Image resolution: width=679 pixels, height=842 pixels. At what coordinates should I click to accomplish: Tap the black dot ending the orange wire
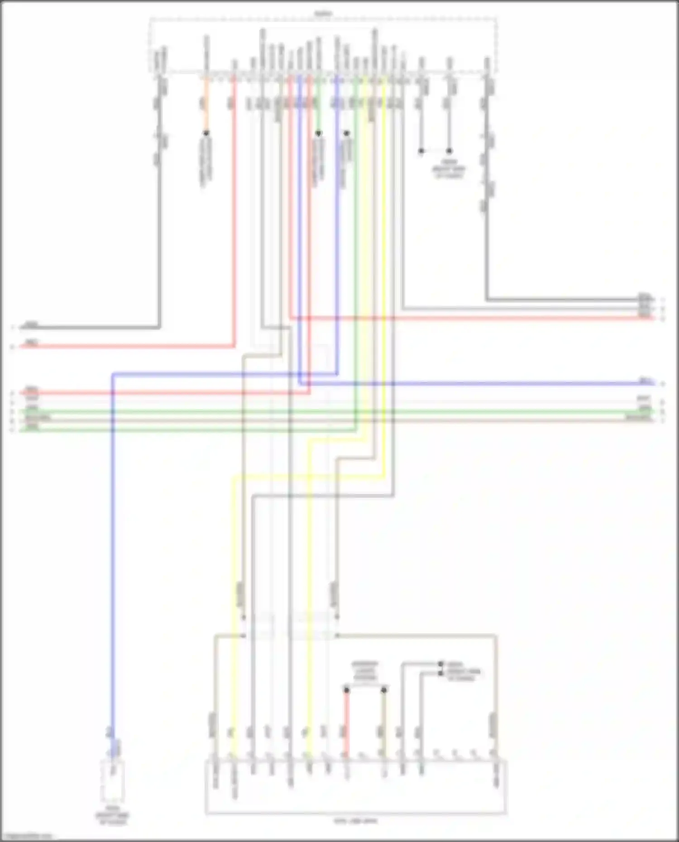(206, 133)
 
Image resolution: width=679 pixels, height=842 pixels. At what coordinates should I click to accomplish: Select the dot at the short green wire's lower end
(319, 133)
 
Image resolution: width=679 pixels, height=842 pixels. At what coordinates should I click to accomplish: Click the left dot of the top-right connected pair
(421, 151)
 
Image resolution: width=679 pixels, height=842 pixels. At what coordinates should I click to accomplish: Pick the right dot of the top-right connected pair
(449, 151)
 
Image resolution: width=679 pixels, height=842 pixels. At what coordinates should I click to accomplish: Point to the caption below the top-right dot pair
(450, 168)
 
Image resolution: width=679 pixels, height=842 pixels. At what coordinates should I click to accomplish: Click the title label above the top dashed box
(323, 14)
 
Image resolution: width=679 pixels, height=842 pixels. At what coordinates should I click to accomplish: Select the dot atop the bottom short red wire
(347, 690)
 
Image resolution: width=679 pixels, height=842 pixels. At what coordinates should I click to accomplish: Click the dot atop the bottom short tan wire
(384, 690)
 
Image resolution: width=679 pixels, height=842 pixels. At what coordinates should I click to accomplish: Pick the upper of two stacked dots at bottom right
(441, 664)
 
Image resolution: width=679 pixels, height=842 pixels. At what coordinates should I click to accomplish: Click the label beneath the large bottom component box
(355, 820)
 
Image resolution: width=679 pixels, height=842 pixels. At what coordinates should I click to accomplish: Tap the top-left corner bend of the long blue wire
(113, 374)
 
